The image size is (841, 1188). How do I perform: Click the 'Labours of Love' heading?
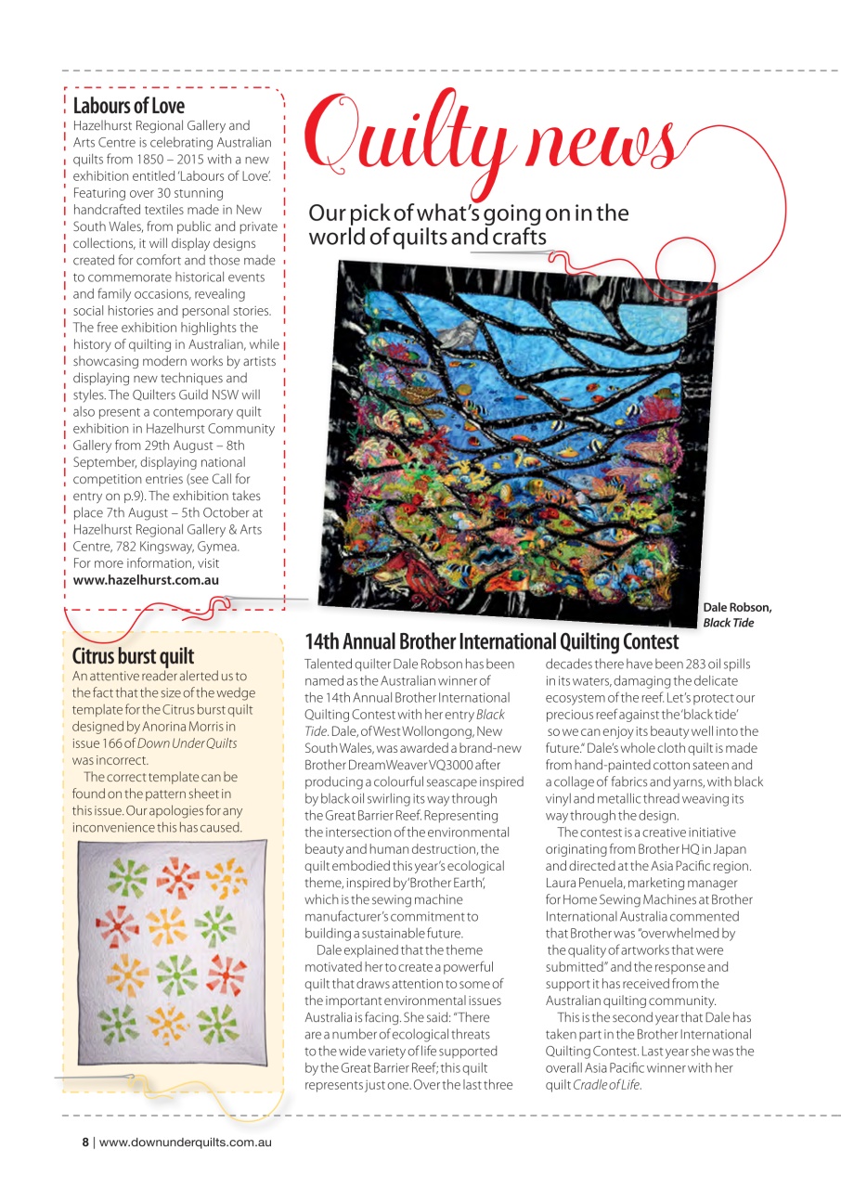[x=129, y=106]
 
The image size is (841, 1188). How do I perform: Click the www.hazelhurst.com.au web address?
[x=147, y=580]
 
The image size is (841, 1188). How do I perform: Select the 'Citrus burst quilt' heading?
[x=133, y=656]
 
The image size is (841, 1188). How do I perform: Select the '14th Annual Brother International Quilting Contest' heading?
[x=491, y=641]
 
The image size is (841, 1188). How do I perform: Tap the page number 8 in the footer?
[x=84, y=1142]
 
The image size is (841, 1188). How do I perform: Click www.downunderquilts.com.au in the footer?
[x=185, y=1142]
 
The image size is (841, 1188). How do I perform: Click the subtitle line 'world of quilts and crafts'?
[x=427, y=238]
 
